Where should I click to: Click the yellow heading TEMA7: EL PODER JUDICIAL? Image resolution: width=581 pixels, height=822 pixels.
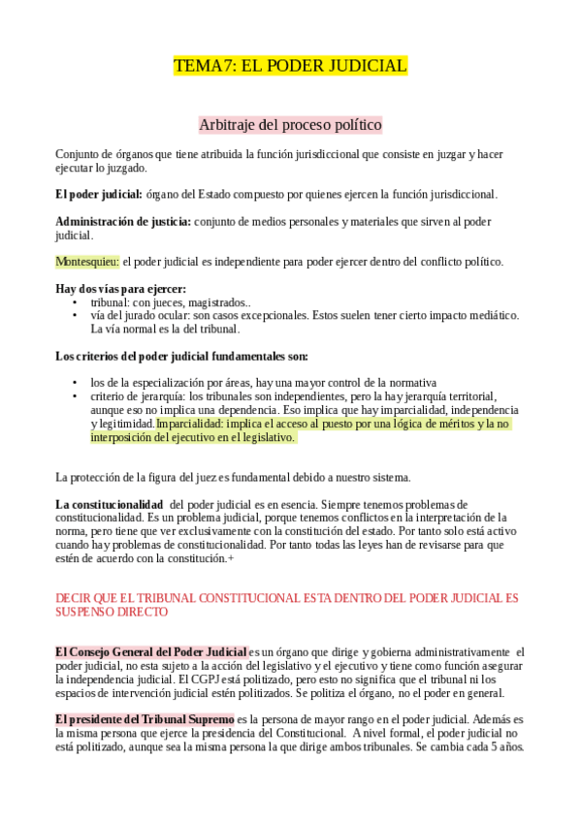click(290, 67)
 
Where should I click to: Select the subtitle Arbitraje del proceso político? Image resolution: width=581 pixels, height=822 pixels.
click(290, 125)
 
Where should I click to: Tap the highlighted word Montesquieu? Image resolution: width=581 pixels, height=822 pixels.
click(87, 262)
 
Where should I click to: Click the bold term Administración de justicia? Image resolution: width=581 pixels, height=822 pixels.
click(123, 222)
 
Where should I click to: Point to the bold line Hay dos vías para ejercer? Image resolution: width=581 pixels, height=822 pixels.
click(120, 289)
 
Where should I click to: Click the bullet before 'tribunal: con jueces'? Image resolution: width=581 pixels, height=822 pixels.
click(76, 302)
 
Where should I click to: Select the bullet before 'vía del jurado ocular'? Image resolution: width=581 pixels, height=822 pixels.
click(76, 315)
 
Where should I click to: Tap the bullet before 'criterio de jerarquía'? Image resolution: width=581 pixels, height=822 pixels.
click(76, 396)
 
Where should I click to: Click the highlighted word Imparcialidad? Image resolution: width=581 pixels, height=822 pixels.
click(192, 424)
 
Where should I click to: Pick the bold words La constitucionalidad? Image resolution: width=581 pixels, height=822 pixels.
click(109, 505)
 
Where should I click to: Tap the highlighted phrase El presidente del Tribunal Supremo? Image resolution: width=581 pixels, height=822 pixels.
click(145, 719)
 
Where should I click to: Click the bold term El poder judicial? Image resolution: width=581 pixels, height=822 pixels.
click(99, 194)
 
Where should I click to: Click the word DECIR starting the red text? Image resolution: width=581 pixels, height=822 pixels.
click(75, 599)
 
